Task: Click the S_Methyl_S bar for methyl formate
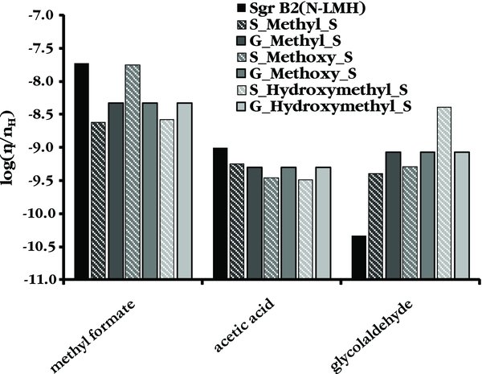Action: pyautogui.click(x=99, y=200)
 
